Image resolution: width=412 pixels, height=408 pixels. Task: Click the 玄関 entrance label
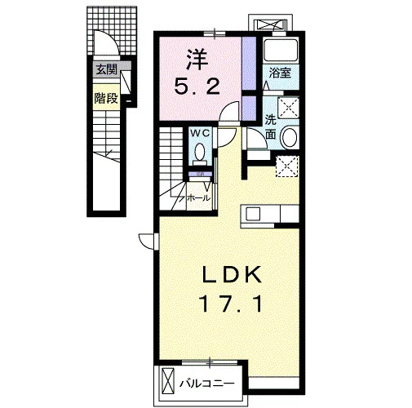(x=106, y=70)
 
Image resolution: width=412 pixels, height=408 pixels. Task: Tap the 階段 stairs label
(x=106, y=98)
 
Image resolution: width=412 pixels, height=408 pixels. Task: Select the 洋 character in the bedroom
(x=197, y=60)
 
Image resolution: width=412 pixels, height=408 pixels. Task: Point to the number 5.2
(x=197, y=86)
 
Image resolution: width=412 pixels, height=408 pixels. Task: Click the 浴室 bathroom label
(x=280, y=73)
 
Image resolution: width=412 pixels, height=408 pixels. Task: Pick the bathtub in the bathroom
(x=281, y=51)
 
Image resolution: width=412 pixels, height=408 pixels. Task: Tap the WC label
(x=200, y=133)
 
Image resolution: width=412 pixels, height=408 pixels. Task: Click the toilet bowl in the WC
(x=200, y=153)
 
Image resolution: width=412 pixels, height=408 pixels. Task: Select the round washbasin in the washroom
(x=290, y=137)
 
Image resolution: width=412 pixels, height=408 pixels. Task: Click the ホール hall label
(x=199, y=197)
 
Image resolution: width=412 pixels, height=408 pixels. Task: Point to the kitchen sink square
(x=253, y=213)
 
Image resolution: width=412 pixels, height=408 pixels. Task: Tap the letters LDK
(x=232, y=275)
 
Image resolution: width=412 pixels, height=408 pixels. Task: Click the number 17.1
(x=232, y=304)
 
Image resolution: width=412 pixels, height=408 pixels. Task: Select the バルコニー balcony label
(x=206, y=384)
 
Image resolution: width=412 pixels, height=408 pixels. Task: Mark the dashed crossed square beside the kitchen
(x=287, y=166)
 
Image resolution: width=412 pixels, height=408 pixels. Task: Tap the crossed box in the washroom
(x=288, y=108)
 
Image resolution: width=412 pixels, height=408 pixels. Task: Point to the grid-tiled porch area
(x=112, y=30)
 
